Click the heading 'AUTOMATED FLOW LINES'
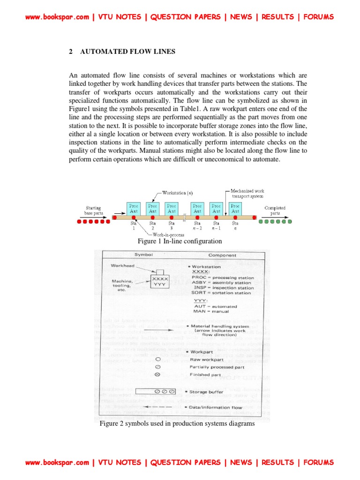127,52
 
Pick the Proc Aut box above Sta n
235,209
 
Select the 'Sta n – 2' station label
197,226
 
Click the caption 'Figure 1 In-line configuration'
180,241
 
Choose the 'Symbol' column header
143,255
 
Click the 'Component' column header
222,255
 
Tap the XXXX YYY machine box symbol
159,281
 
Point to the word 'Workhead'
122,265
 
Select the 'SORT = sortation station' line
221,292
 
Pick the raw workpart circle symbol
158,360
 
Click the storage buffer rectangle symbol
155,391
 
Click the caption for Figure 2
177,424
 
